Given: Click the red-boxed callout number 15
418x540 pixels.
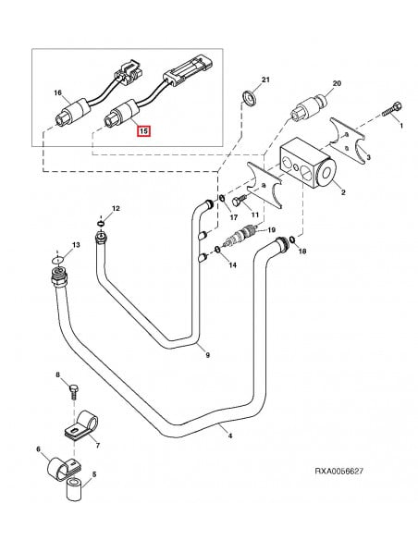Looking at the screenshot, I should [142, 131].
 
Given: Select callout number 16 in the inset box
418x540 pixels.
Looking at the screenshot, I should [56, 93].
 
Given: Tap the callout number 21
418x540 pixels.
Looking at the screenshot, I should [264, 80].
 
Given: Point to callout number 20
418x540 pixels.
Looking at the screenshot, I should [337, 84].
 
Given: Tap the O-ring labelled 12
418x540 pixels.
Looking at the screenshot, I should [100, 222].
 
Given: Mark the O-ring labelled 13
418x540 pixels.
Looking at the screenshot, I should [57, 262].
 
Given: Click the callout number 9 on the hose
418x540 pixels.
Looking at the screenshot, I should [207, 355].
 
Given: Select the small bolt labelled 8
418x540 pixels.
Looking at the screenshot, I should [70, 391].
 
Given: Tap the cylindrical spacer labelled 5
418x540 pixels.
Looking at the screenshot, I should [73, 489].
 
